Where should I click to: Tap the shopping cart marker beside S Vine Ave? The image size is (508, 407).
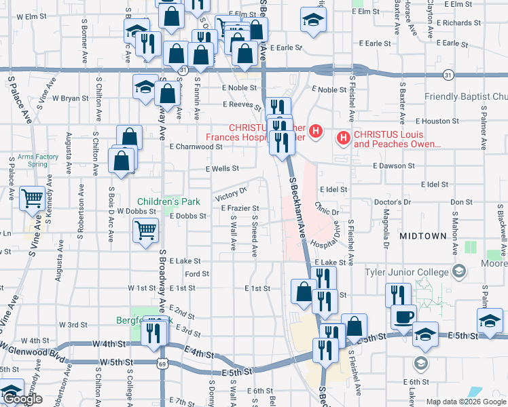(32, 199)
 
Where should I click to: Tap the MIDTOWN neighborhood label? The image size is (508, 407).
(423, 236)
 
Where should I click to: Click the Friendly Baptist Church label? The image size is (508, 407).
(466, 97)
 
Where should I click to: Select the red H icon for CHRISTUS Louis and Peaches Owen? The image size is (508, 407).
(344, 139)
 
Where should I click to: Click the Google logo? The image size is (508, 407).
(22, 400)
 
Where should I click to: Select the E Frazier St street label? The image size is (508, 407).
(240, 209)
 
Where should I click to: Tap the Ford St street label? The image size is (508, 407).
(196, 274)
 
